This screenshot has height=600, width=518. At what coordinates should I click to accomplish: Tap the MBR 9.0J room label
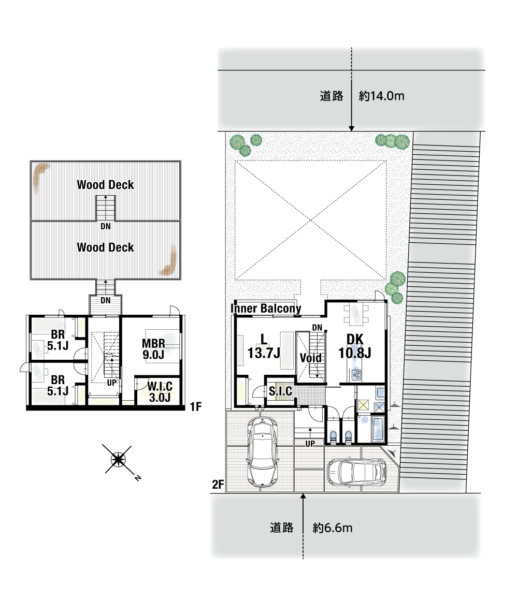pos(153,349)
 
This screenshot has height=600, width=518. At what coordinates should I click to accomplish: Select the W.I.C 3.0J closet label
pos(160,391)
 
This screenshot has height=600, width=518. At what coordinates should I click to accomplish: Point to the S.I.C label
pos(280,391)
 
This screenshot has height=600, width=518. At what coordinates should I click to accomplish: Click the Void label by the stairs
pos(310,358)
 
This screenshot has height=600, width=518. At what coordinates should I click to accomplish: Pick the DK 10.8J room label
pos(354,346)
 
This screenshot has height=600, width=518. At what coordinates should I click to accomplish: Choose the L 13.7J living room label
pos(264,346)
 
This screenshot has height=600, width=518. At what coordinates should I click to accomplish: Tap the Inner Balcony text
pos(266,308)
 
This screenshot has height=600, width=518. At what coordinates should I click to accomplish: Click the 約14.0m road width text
pos(381,96)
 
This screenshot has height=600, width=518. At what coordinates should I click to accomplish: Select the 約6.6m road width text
pos(333,528)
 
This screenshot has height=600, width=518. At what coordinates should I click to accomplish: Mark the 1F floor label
pos(196,406)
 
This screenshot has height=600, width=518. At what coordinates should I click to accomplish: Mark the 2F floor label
pos(218,485)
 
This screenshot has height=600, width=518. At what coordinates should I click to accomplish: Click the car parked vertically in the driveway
pos(263,451)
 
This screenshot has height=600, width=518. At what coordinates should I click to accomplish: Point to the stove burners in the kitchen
pos(356,375)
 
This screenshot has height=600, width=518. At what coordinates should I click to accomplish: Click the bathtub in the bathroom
pos(377,429)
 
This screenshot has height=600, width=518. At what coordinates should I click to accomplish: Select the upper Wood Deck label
pos(105,184)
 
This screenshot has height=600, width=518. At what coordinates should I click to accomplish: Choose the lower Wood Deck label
pos(105,247)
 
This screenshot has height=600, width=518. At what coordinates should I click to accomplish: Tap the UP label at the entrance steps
pos(310,443)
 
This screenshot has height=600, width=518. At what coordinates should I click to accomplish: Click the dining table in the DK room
pos(356,315)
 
